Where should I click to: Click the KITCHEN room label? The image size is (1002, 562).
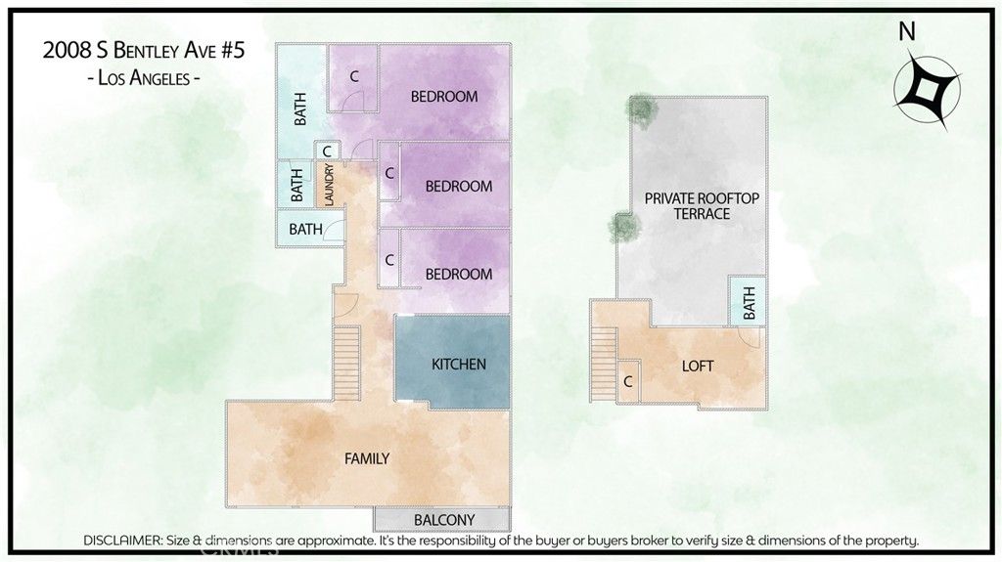tap(459, 365)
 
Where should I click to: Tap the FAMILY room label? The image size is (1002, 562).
tap(367, 458)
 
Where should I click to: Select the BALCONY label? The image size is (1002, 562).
tap(444, 520)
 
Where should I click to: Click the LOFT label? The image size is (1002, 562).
tap(698, 367)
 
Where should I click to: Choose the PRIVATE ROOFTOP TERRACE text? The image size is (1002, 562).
tap(702, 205)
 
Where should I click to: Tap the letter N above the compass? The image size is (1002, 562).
tap(907, 31)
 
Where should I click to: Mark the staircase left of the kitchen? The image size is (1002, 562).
tap(348, 359)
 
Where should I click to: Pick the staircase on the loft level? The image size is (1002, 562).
tap(604, 363)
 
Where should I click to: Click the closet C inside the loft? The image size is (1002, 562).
tap(627, 382)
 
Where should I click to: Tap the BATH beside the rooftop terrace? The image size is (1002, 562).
tap(750, 302)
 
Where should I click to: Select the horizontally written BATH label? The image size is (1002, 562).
tap(305, 229)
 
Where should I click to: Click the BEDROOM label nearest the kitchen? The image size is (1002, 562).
tap(458, 274)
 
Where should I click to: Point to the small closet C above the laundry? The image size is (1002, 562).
tap(326, 151)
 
